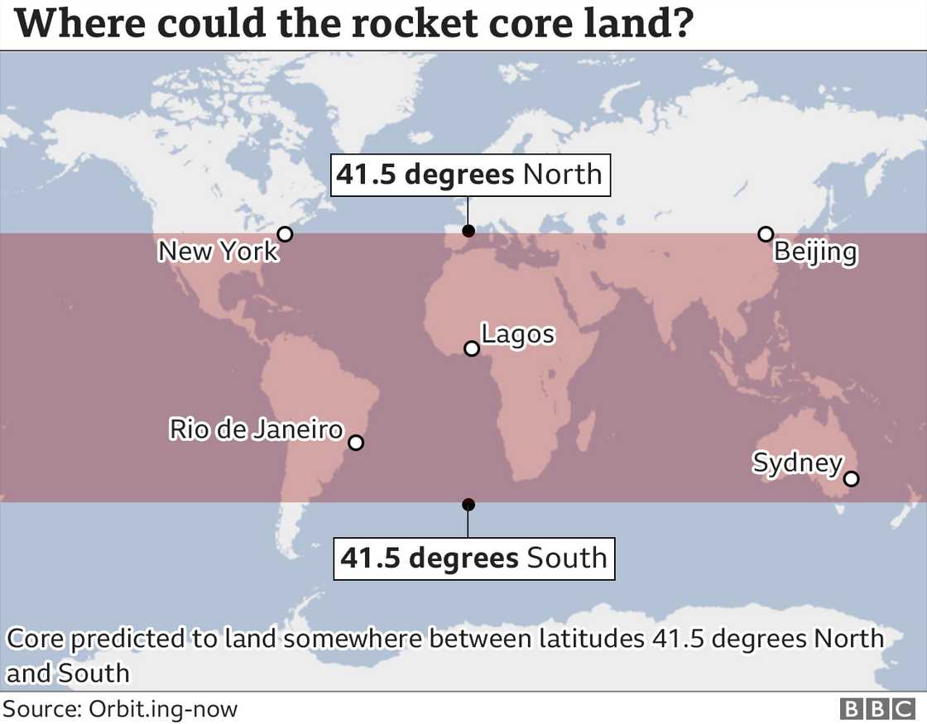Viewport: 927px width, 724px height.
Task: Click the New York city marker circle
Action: (285, 234)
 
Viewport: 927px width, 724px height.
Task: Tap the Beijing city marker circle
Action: (766, 234)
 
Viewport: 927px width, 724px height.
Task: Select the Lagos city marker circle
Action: (472, 348)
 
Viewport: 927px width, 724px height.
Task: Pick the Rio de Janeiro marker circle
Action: (356, 443)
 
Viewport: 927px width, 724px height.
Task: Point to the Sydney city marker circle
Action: (852, 478)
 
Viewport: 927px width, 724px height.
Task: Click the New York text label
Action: (219, 251)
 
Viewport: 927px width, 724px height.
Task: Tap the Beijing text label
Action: (815, 252)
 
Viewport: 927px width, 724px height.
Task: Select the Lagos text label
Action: (518, 334)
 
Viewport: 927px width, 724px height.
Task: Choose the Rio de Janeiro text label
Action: (256, 429)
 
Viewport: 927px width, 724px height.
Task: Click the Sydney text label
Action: (797, 463)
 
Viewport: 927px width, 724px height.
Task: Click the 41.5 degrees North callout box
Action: (470, 175)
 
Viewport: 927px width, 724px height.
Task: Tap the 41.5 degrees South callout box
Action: (473, 558)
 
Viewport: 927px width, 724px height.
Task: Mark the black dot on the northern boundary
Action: (468, 231)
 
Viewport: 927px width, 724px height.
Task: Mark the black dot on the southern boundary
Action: (468, 504)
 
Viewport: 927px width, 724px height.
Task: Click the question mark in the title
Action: (680, 25)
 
